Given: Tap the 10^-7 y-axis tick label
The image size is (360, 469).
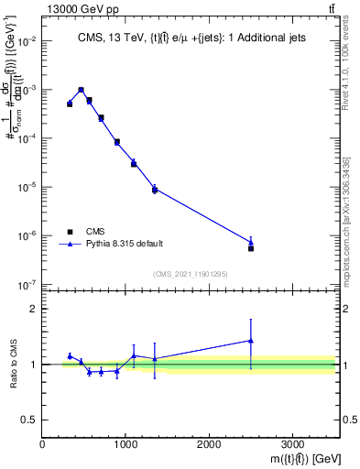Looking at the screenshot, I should click(27, 285).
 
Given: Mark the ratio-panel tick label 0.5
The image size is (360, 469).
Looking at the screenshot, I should click(29, 420).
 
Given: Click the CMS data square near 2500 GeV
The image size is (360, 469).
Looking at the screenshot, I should click(251, 248).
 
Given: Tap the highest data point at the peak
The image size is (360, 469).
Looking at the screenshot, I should click(82, 90).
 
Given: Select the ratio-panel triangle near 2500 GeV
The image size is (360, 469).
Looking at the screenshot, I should click(251, 341).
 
